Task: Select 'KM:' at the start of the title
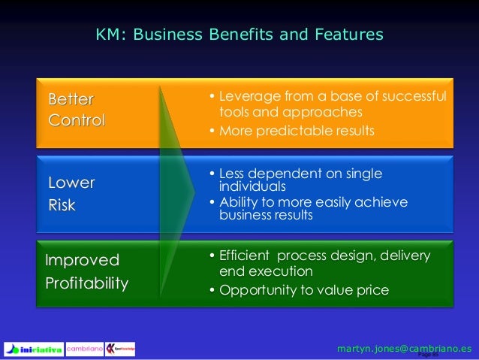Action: pos(109,35)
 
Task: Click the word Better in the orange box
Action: pos(71,100)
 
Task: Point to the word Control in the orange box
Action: pos(77,120)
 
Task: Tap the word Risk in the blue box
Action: pos(62,204)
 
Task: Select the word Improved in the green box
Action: pos(83,261)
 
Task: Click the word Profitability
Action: pos(87,284)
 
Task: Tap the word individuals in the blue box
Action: pos(252,186)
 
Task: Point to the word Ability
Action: pos(238,202)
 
